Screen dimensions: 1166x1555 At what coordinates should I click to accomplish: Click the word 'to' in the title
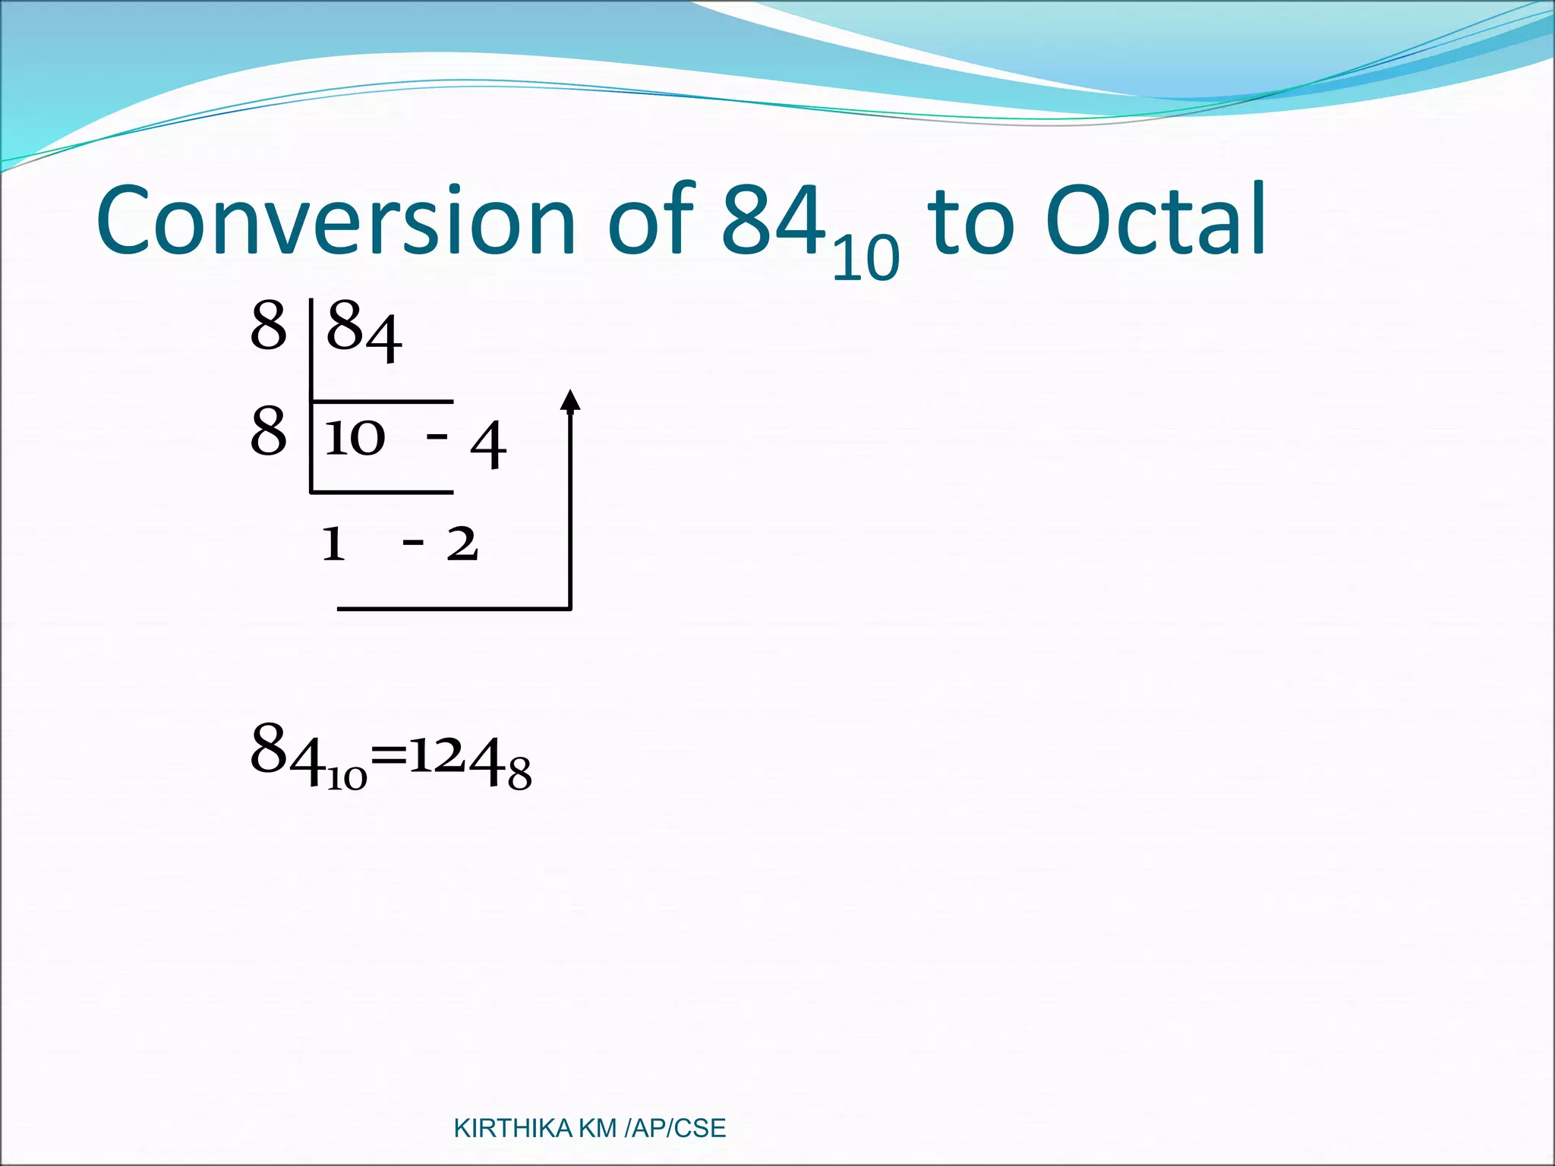pos(971,222)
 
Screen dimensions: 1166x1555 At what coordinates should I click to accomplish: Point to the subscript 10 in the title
pos(866,258)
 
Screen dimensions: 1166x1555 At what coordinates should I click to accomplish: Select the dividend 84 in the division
pos(364,332)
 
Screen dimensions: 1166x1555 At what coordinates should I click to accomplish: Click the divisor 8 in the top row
pos(269,326)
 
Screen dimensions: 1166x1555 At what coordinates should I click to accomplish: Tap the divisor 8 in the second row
pos(269,431)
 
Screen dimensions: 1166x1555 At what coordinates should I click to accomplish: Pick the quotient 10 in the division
pos(355,438)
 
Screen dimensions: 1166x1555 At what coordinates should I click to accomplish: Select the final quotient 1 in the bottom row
pos(333,544)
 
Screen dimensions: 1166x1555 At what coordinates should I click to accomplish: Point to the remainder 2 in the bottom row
pos(462,544)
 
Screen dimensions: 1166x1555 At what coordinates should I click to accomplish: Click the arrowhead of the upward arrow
pos(570,400)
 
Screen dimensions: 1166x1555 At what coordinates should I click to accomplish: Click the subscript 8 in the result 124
pos(520,777)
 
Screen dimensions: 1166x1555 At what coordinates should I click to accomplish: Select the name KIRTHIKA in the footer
pos(513,1129)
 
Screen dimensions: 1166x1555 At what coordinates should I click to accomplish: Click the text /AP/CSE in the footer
pos(675,1129)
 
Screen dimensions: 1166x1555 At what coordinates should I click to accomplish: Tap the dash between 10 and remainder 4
pos(437,436)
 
